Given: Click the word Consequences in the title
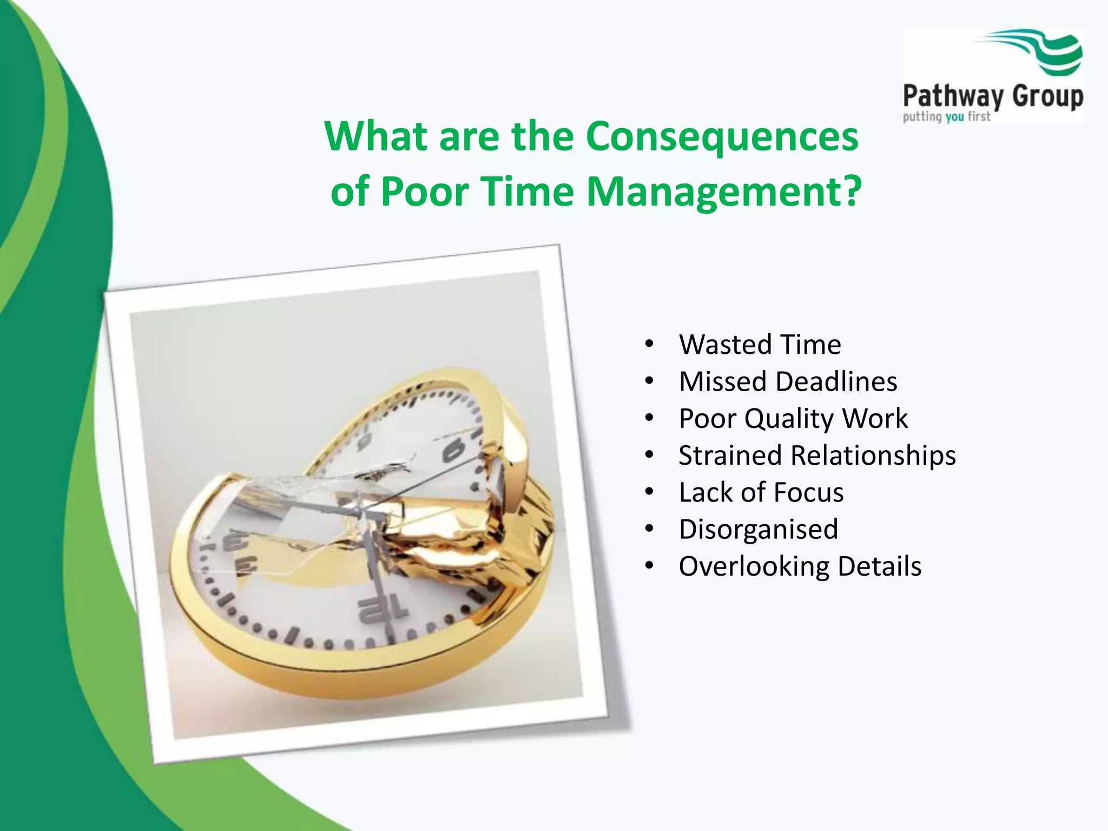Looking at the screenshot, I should point(722,137).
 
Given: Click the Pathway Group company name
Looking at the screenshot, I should point(993,97).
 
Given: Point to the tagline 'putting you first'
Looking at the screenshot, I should point(946,117).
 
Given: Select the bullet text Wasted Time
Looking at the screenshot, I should point(760,345).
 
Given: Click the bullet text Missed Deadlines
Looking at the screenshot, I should point(788,381).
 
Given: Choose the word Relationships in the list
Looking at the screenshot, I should point(873,456).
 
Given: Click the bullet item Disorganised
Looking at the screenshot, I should point(758,529).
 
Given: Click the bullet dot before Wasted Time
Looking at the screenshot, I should point(649,345).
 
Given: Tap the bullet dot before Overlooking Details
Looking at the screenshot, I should point(649,566).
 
